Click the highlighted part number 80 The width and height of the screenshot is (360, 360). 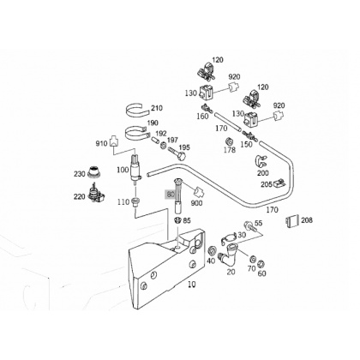[170, 195]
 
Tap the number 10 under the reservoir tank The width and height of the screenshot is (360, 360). [192, 285]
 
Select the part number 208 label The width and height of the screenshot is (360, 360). [307, 220]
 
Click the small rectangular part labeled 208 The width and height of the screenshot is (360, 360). [292, 220]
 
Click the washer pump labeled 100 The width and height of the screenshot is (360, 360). [135, 169]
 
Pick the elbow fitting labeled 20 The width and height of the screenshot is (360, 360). [229, 253]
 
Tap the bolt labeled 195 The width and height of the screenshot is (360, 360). [177, 153]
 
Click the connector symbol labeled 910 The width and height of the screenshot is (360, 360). [113, 141]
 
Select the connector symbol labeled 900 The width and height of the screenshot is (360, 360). [199, 192]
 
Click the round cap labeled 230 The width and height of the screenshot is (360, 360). [94, 171]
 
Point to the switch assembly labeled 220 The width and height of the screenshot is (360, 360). [97, 195]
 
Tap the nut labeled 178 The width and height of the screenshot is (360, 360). [229, 141]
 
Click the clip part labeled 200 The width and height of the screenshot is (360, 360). [261, 162]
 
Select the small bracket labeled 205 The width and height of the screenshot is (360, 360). [278, 183]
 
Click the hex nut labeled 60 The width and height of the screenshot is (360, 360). [261, 263]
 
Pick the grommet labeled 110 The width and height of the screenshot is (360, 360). [135, 201]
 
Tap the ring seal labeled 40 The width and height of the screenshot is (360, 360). [213, 250]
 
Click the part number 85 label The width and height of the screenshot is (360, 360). [187, 220]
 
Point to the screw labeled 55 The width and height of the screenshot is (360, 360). [249, 225]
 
